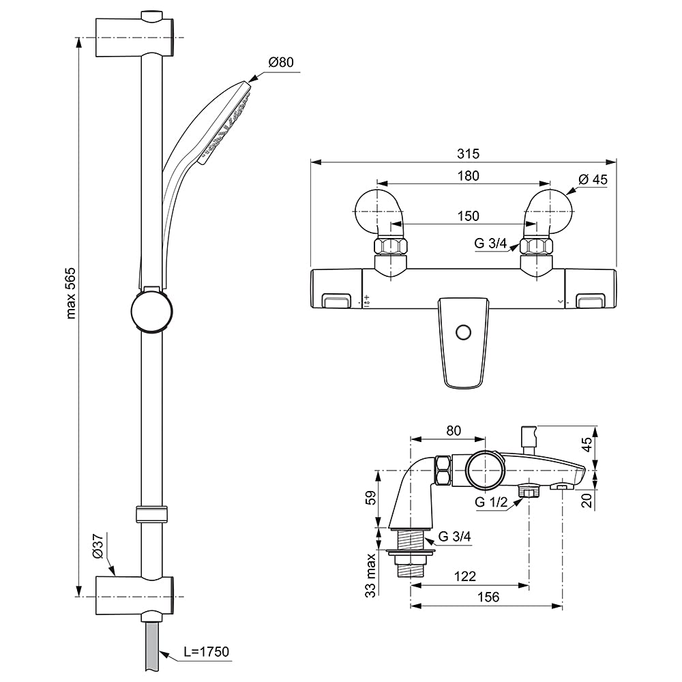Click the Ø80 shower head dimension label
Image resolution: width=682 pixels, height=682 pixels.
click(x=281, y=62)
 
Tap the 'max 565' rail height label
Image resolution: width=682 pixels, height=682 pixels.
click(x=71, y=293)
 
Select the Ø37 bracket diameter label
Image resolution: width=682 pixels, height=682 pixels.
click(x=98, y=546)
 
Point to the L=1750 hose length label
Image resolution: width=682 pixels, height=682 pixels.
click(x=206, y=651)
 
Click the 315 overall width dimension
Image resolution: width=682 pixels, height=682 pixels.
click(x=468, y=153)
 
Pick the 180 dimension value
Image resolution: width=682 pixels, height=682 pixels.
click(x=468, y=176)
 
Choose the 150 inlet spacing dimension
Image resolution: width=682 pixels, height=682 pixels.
click(x=468, y=216)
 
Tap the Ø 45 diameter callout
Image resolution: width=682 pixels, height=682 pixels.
click(x=593, y=179)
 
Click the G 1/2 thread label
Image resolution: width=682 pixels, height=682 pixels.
click(x=491, y=502)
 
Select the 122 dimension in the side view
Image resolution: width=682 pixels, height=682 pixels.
click(x=464, y=576)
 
